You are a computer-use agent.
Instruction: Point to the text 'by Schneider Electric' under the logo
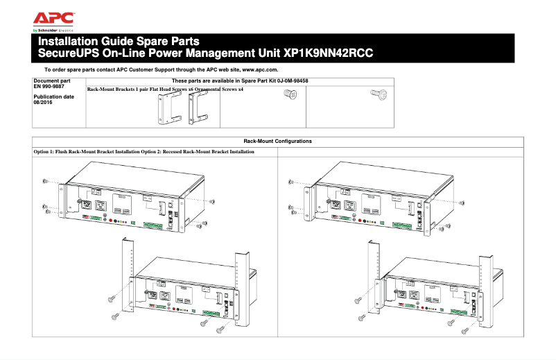[x=53, y=31]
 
